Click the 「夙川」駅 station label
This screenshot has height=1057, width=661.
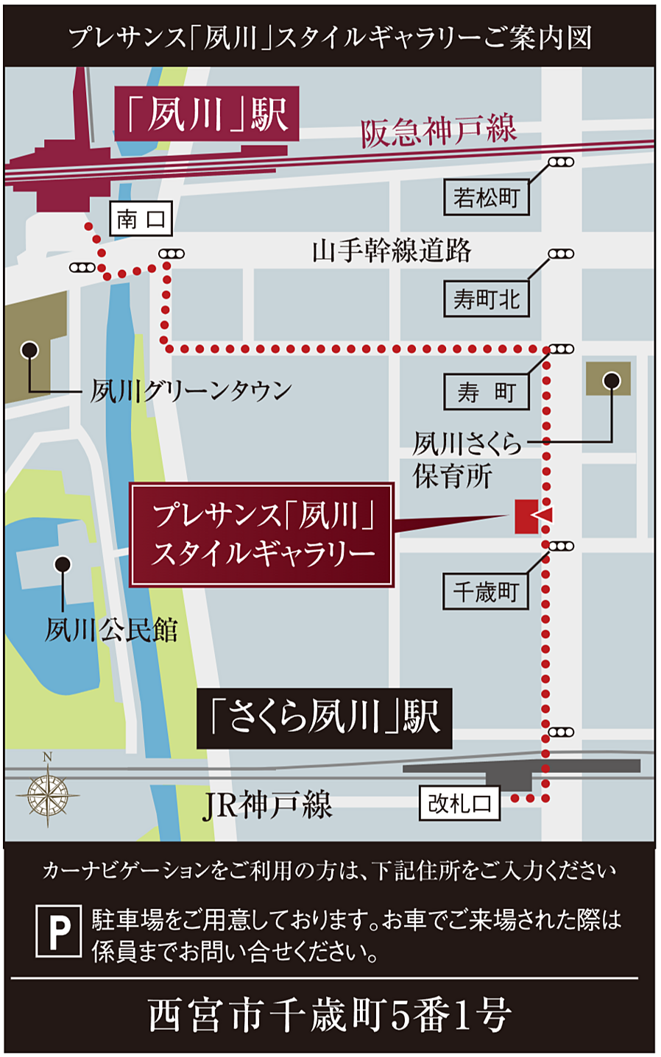point(207,114)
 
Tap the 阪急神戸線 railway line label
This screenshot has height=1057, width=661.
point(439,131)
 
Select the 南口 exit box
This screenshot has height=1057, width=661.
point(141,218)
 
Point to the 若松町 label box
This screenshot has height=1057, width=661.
point(486,198)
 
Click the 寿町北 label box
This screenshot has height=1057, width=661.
point(486,299)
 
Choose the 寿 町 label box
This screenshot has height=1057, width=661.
point(486,392)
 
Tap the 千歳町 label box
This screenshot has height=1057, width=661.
point(486,591)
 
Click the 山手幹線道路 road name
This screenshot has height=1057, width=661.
point(392,251)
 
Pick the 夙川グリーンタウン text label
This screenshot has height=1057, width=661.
point(191,391)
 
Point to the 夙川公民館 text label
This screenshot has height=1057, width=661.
point(111,630)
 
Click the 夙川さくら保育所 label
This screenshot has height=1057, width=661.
point(467,460)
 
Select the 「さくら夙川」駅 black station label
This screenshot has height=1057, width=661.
point(324,718)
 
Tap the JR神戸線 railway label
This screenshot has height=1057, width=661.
point(268,805)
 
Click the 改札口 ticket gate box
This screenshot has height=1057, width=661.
point(459,803)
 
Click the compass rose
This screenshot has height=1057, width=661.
point(48,794)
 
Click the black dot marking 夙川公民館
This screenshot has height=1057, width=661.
point(63,565)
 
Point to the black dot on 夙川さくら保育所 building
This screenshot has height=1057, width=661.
point(611,380)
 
